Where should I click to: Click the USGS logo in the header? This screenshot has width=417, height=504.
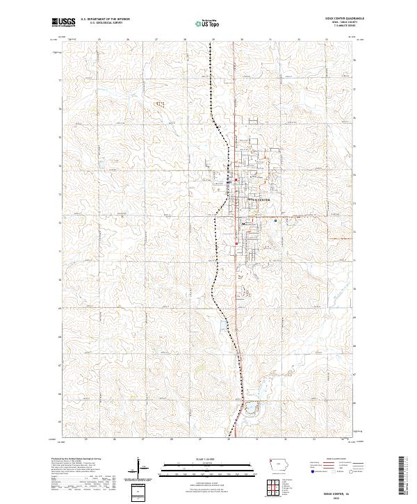[x=63, y=22]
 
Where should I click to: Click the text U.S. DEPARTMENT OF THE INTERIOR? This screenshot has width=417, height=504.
[x=105, y=19]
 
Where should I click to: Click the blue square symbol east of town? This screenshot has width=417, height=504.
[x=276, y=221]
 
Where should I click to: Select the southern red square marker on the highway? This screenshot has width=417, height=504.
[x=236, y=243]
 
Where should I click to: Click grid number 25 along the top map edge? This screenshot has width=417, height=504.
[x=100, y=40]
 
